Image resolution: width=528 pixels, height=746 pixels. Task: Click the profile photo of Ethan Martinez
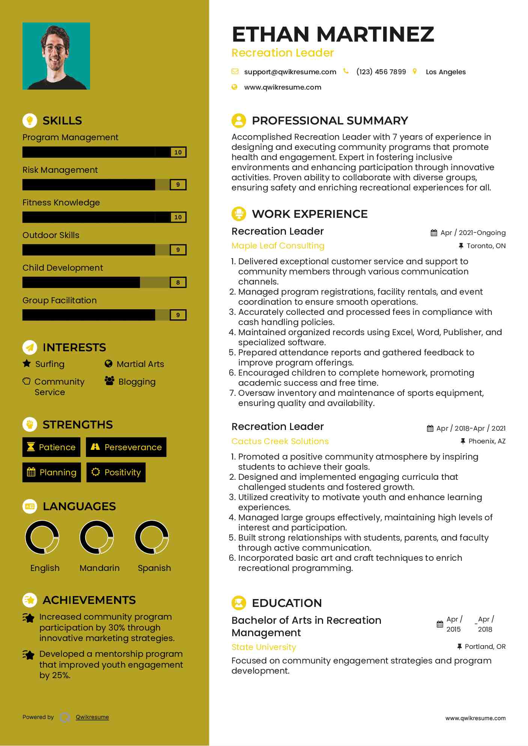point(56,56)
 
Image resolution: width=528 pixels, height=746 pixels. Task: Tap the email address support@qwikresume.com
point(290,72)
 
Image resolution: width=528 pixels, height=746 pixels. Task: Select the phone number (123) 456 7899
point(381,72)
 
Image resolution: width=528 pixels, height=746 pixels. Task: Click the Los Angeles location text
point(445,72)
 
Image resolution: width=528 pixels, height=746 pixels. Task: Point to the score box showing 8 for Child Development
point(178,283)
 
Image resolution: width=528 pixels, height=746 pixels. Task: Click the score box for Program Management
point(178,152)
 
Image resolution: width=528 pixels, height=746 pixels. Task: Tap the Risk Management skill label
point(60,170)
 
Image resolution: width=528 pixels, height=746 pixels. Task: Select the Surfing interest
point(50,364)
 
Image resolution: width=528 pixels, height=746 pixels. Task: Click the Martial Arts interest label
point(140,364)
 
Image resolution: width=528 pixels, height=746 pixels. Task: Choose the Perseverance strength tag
point(126,447)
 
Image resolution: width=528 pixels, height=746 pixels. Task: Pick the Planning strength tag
point(52,472)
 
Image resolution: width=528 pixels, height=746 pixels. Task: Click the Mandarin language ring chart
point(97,537)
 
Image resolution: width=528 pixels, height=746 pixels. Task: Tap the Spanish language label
point(154,568)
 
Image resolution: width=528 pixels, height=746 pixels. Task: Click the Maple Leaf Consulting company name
point(278,246)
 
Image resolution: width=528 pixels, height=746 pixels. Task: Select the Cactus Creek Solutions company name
point(280,442)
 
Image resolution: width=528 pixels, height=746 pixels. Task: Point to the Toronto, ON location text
point(486,246)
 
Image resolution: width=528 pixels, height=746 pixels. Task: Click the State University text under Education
point(263,647)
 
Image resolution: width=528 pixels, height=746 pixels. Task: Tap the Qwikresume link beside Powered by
point(92,718)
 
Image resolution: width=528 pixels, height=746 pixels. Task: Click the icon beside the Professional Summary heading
point(239,121)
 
